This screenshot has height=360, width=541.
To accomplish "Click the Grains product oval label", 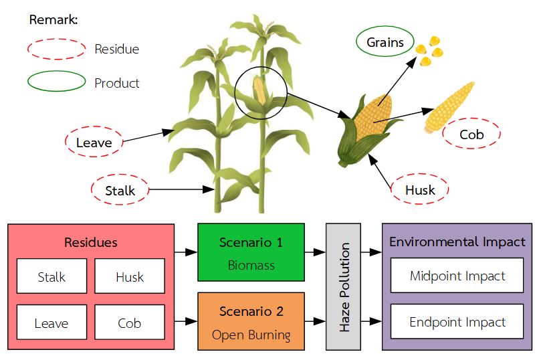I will [x=385, y=43].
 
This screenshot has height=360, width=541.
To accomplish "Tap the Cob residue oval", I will [x=471, y=134].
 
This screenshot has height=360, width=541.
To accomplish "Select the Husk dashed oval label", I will [x=419, y=190].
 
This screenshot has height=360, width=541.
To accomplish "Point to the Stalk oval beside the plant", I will [x=120, y=190].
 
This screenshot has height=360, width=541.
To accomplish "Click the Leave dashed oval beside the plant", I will [x=94, y=142].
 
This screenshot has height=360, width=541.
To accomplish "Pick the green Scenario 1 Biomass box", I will [x=251, y=252].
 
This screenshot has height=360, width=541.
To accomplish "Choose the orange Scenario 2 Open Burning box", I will [x=251, y=321].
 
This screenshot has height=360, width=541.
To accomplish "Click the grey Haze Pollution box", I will [x=343, y=286].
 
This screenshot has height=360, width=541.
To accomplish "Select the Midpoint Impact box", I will [x=457, y=275].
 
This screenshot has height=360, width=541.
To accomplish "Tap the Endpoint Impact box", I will [x=457, y=322].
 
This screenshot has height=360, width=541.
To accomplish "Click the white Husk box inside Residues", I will [x=129, y=276].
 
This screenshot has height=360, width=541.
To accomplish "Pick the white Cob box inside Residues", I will [x=129, y=323].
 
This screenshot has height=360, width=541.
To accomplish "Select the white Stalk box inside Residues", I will [x=51, y=276].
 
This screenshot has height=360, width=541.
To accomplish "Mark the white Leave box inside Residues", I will [x=51, y=323].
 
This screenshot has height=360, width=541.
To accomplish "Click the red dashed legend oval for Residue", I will [x=56, y=49].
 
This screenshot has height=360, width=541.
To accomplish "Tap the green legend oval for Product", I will [x=56, y=82].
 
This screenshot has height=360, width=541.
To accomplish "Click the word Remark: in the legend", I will [x=53, y=19].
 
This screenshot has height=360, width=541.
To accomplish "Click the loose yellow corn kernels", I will [x=428, y=52].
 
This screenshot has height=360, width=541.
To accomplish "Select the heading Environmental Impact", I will [x=457, y=242].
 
